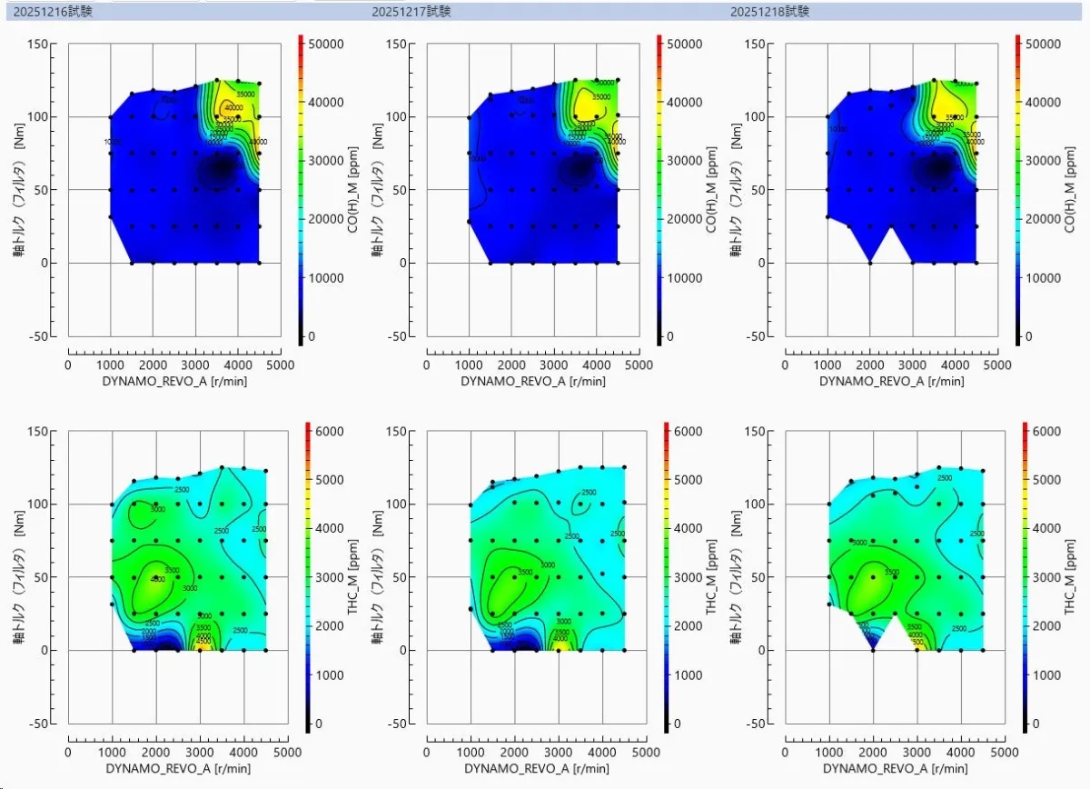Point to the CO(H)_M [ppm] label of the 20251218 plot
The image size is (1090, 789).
pos(1069,190)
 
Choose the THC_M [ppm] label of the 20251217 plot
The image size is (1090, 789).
pos(711,577)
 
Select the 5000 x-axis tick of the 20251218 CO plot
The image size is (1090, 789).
pos(997,365)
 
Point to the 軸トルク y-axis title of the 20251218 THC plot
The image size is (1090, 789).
pos(738,577)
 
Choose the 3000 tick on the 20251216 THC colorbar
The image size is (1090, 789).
pos(324,577)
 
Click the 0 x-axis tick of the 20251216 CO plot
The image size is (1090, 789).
pos(68,365)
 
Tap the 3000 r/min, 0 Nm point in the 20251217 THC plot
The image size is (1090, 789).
pos(559,650)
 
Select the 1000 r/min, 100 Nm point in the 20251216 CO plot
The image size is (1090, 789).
pos(111,117)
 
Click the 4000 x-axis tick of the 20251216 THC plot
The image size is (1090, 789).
pos(244,753)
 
